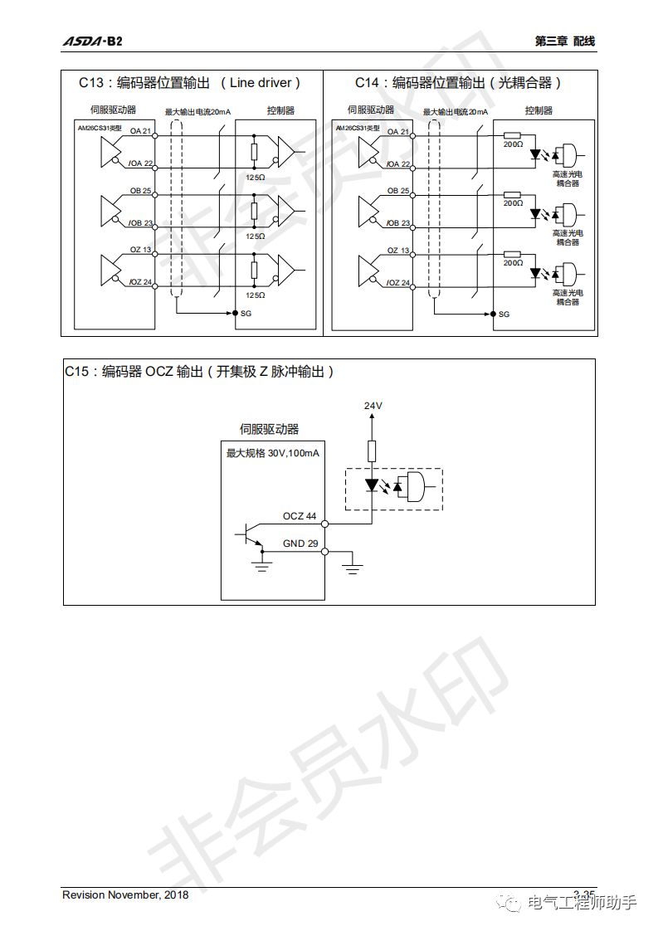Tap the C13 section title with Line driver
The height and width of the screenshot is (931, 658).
(x=189, y=83)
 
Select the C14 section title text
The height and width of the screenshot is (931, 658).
(x=458, y=83)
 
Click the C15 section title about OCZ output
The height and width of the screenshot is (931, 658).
(x=200, y=373)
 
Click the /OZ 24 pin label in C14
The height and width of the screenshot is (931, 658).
(x=398, y=283)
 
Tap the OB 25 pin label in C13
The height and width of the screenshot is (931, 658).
(x=141, y=191)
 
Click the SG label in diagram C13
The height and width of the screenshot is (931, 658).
(x=246, y=314)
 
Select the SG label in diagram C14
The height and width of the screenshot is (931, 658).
(x=504, y=314)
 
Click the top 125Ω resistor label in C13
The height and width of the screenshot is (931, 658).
(x=255, y=178)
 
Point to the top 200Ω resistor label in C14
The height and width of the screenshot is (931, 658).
(x=514, y=144)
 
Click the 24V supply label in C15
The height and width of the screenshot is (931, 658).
(x=373, y=406)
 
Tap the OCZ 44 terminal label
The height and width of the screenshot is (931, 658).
(x=300, y=516)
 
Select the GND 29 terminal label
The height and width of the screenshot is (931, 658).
(x=300, y=543)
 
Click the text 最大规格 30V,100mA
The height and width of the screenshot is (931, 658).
(x=273, y=453)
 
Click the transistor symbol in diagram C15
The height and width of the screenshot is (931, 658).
(x=251, y=536)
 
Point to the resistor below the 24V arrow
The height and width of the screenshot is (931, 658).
(x=373, y=451)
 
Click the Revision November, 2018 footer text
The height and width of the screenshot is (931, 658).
(x=126, y=894)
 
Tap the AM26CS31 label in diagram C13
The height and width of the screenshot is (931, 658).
(x=99, y=127)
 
